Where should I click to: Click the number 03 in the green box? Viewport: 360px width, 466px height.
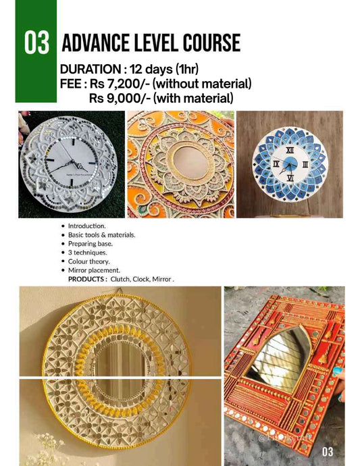(37, 43)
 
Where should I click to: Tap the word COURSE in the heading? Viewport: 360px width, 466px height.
(208, 43)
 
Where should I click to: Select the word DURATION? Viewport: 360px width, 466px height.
(88, 70)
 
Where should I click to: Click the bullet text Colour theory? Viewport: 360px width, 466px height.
(88, 261)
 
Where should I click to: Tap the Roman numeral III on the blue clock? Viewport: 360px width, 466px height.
(305, 164)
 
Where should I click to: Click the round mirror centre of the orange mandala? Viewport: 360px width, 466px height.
(181, 163)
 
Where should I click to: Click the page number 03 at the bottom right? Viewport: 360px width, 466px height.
(328, 451)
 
